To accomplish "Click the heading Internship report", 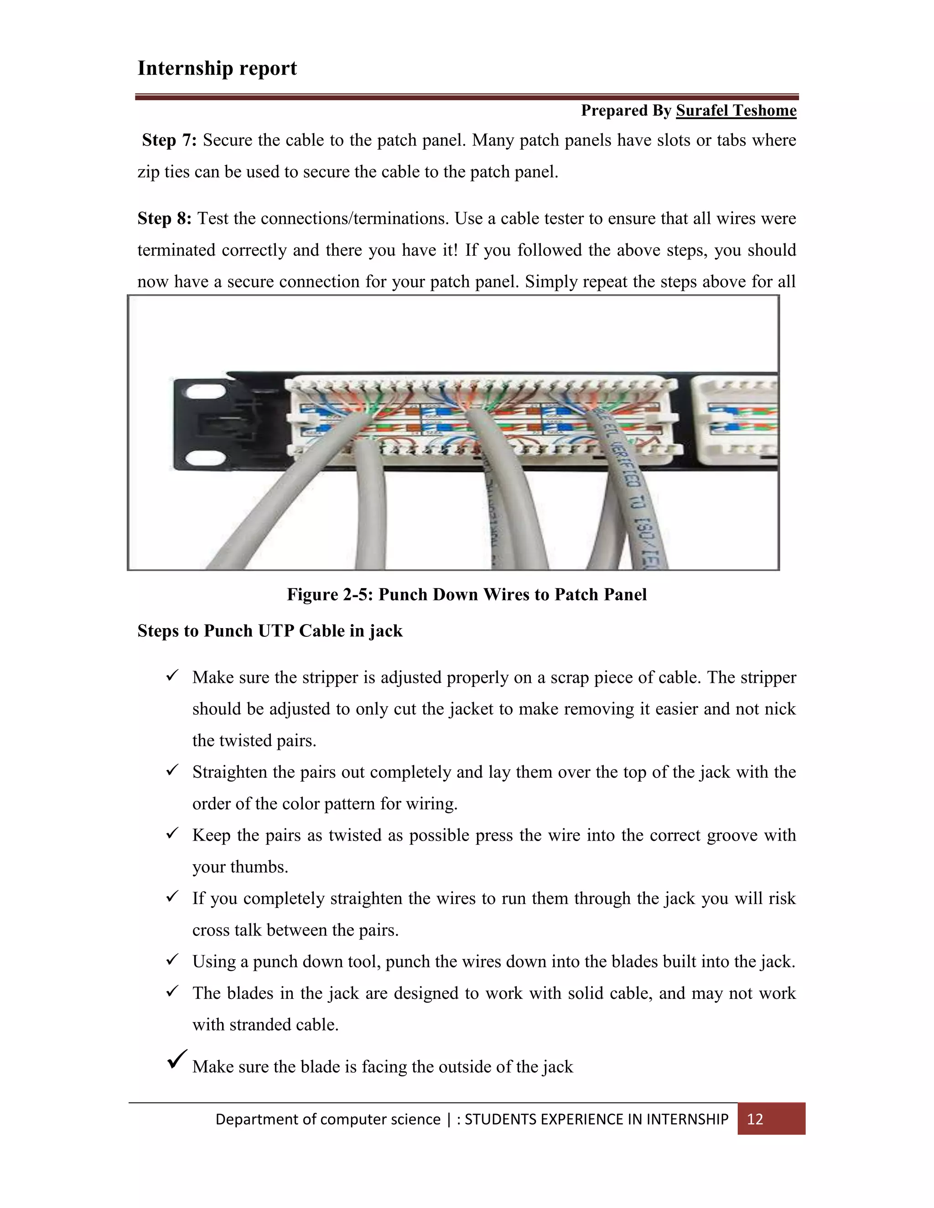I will coord(217,68).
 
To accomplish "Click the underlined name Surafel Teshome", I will coord(736,111).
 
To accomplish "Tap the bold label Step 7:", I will coord(169,140).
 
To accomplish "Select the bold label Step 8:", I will coord(164,218).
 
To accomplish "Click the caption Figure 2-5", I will coord(467,594).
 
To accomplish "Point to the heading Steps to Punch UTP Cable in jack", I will coord(270,631).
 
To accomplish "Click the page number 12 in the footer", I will coord(755,1120).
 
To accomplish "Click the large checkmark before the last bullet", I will coord(176,1059).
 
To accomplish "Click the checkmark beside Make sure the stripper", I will coord(172,676).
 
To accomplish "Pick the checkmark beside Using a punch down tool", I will coord(172,960).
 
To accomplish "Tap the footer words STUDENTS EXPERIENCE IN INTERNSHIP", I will coord(596,1120).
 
